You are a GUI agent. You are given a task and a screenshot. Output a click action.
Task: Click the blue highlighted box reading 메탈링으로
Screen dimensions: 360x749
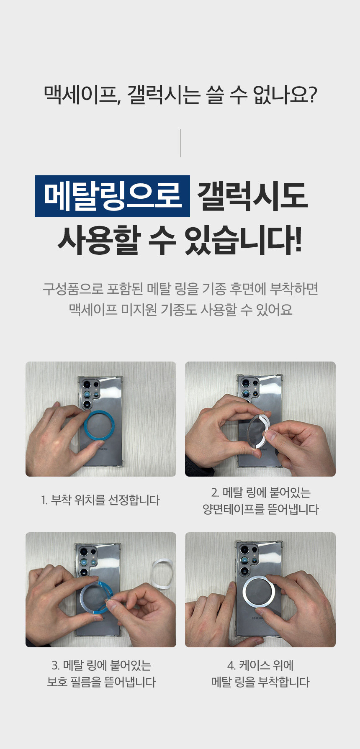113,196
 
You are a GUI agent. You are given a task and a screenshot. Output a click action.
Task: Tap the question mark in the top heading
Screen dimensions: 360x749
311,95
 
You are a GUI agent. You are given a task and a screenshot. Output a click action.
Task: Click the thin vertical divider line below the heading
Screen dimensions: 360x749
180,143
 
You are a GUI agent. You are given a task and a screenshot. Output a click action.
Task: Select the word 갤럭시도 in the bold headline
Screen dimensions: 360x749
252,196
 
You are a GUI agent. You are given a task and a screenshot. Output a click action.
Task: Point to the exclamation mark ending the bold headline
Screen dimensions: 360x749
298,241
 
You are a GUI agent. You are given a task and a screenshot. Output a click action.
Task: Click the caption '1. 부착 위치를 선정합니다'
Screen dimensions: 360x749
100,500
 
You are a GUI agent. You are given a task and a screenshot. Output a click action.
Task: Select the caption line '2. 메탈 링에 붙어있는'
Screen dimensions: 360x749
261,492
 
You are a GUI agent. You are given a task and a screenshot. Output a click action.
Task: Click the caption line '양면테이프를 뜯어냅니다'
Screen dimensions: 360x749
261,509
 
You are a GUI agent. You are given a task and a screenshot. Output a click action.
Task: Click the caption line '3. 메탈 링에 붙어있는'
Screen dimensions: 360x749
101,665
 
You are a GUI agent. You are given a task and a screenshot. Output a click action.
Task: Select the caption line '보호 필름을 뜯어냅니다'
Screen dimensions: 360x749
101,682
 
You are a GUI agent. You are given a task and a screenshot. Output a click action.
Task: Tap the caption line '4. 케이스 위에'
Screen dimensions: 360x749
260,665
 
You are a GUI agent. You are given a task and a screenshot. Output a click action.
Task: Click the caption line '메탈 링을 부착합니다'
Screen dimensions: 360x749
260,682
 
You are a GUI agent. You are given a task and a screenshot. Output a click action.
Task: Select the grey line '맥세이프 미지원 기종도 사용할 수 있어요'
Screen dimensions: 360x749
180,310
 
